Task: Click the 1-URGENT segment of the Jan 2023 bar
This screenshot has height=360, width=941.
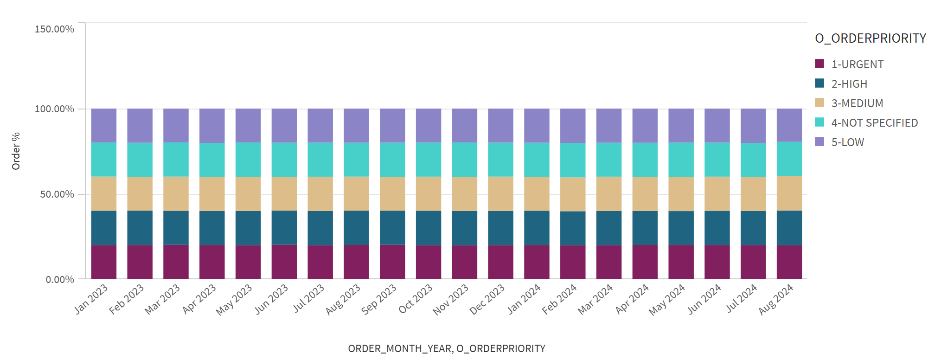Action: [x=104, y=262]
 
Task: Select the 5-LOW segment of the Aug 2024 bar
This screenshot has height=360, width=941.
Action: [x=789, y=125]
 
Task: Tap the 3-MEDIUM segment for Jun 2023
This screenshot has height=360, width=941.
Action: [x=284, y=193]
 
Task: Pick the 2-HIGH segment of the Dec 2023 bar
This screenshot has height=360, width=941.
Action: [x=500, y=228]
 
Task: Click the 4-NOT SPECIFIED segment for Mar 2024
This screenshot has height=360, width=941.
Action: [x=608, y=159]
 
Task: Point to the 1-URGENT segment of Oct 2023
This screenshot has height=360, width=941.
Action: [x=428, y=262]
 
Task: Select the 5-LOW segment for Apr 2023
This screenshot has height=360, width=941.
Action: [x=212, y=125]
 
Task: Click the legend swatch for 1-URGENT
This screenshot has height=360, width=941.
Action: [x=819, y=64]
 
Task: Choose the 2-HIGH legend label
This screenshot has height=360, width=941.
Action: [x=849, y=84]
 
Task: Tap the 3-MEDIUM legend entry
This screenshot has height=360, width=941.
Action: [x=857, y=103]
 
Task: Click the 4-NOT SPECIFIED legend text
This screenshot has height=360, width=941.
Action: [x=874, y=123]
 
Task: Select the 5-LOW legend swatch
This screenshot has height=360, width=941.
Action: [x=819, y=142]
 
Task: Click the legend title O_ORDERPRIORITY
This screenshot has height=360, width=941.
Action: [x=870, y=39]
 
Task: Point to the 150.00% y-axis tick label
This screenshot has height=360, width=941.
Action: [x=54, y=29]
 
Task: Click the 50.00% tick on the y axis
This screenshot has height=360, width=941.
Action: [x=57, y=194]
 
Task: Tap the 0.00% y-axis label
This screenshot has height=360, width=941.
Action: [x=60, y=280]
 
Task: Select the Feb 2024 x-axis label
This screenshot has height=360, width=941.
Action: [x=560, y=299]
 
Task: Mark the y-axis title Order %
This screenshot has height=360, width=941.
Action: [x=16, y=151]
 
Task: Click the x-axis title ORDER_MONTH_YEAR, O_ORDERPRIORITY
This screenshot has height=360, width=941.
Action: [x=446, y=348]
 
